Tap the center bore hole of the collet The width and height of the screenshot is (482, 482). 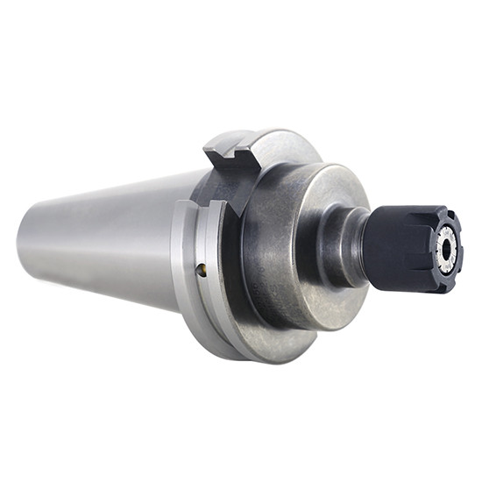[x=447, y=247]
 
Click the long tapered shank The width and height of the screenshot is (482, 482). [x=105, y=237]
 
